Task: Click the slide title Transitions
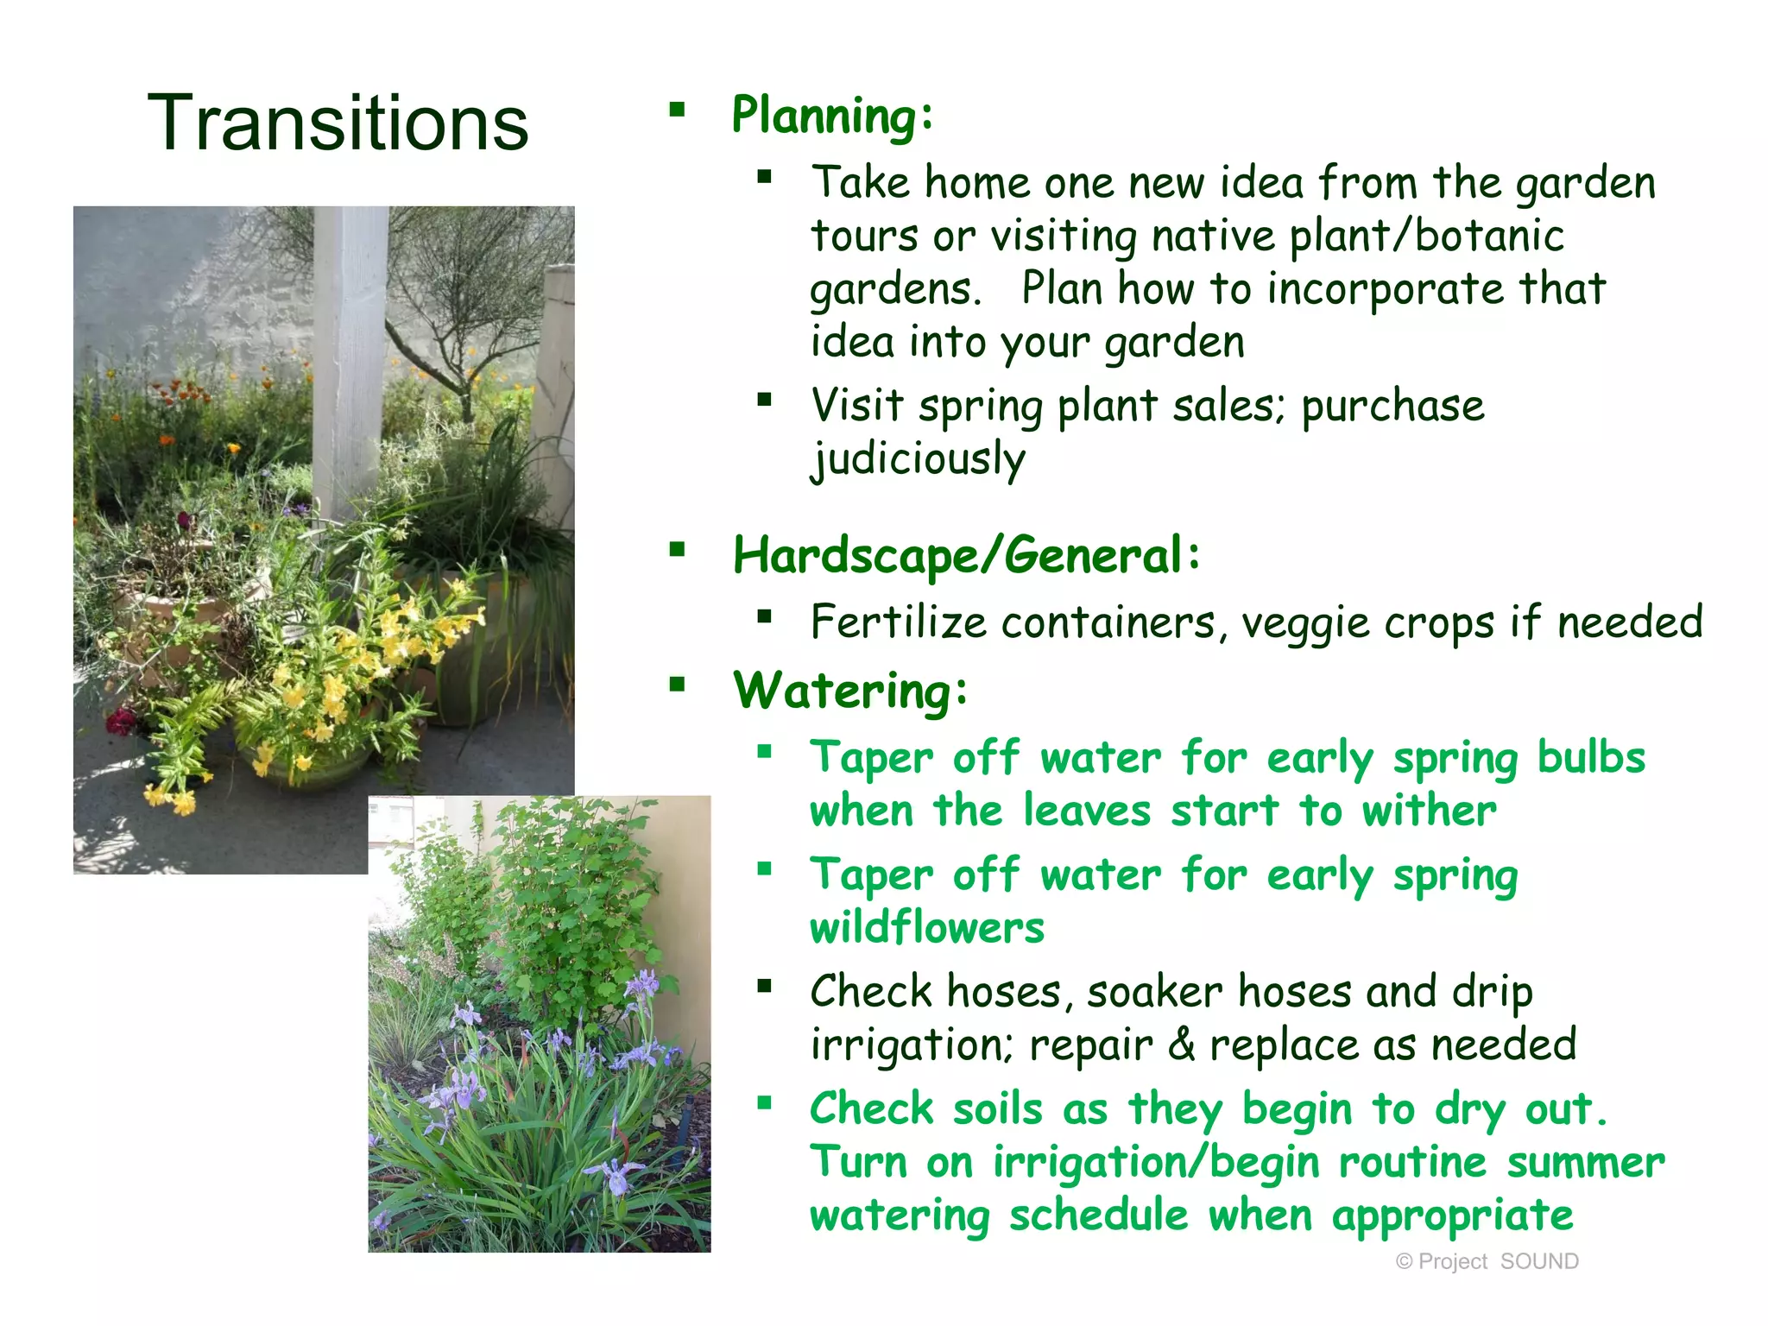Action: (x=338, y=123)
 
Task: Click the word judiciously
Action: (x=918, y=458)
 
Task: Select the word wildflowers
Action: (x=927, y=928)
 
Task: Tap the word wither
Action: (x=1429, y=811)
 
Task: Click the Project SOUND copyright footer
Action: (x=1487, y=1261)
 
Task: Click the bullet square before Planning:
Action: (x=677, y=110)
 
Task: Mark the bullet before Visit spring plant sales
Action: (x=764, y=400)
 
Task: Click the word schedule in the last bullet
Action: (x=1099, y=1215)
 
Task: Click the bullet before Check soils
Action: (x=764, y=1102)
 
